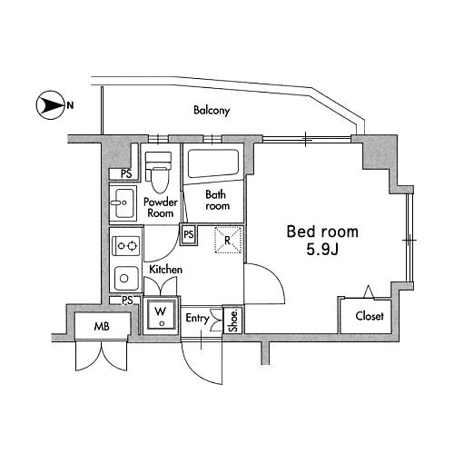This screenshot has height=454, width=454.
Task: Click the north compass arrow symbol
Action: [50, 105]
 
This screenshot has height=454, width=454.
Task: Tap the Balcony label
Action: [212, 110]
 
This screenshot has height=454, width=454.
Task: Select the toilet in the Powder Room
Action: [158, 172]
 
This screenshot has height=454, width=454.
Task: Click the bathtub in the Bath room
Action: [213, 163]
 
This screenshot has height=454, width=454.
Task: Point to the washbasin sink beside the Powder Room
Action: [123, 202]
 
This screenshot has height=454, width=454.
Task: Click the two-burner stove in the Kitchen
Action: [126, 245]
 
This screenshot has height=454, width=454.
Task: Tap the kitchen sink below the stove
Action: [126, 278]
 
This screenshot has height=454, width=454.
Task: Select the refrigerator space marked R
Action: [228, 240]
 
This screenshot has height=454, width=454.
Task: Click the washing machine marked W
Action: [161, 315]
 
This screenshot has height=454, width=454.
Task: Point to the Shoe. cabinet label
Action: [233, 321]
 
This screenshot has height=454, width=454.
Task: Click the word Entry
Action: [197, 319]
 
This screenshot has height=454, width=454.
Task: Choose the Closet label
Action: [370, 316]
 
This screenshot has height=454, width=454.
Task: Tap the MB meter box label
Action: [102, 327]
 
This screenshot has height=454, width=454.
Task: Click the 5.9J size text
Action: [322, 250]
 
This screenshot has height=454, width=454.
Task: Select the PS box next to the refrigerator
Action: [189, 234]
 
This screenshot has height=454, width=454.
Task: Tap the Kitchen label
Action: [166, 270]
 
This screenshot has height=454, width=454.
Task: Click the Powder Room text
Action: [161, 207]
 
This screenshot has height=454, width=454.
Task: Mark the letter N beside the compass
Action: [70, 105]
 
